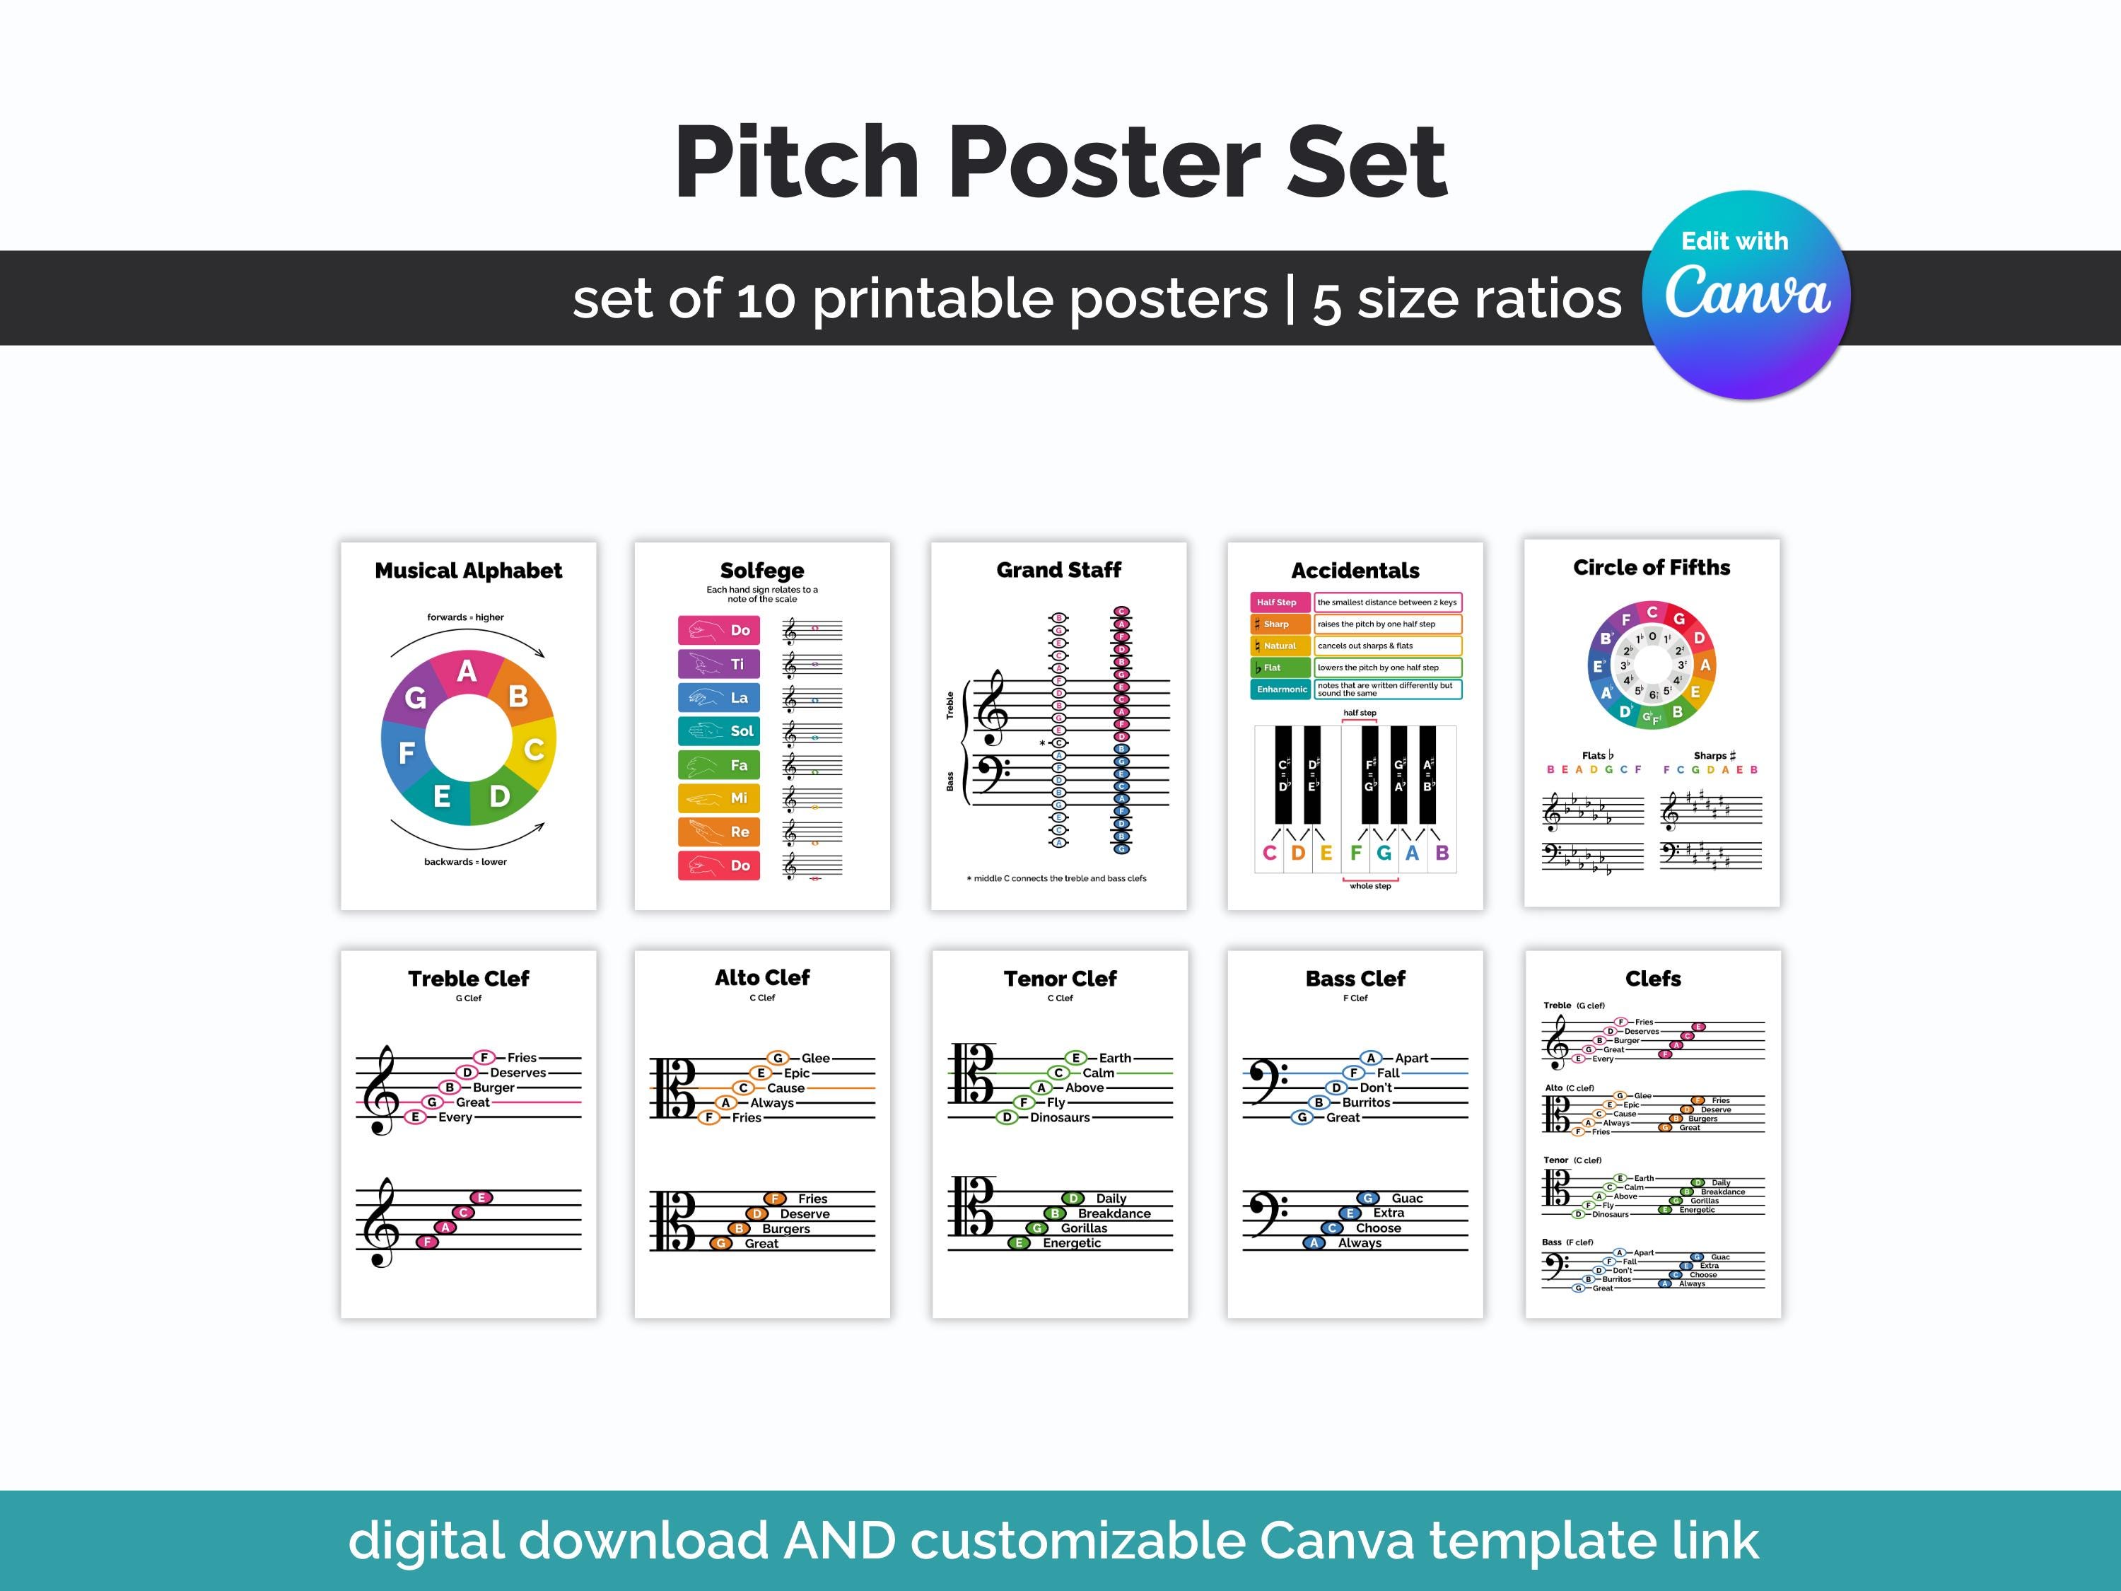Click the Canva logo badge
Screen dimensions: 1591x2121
click(x=1746, y=294)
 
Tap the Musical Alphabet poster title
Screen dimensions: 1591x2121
click(x=468, y=571)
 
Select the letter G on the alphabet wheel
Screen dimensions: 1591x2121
click(x=415, y=697)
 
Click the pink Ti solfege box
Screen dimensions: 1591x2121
click(x=718, y=664)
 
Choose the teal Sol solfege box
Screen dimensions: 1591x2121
click(x=718, y=730)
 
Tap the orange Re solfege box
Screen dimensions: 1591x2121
click(x=718, y=832)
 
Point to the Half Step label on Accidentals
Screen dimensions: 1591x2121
click(x=1278, y=602)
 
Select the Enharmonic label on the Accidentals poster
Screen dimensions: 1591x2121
click(x=1281, y=689)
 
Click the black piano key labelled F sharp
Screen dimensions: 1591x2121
click(x=1370, y=775)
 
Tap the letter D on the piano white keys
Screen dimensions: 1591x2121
click(x=1297, y=853)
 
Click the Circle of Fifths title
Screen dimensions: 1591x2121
click(x=1651, y=568)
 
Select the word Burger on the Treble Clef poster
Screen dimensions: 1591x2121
click(x=493, y=1088)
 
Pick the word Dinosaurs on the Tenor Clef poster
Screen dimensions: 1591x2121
click(x=1060, y=1117)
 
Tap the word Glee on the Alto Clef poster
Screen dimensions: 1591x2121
click(x=815, y=1058)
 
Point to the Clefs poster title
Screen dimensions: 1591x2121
click(x=1653, y=978)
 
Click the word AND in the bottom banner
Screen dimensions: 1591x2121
click(x=839, y=1540)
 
